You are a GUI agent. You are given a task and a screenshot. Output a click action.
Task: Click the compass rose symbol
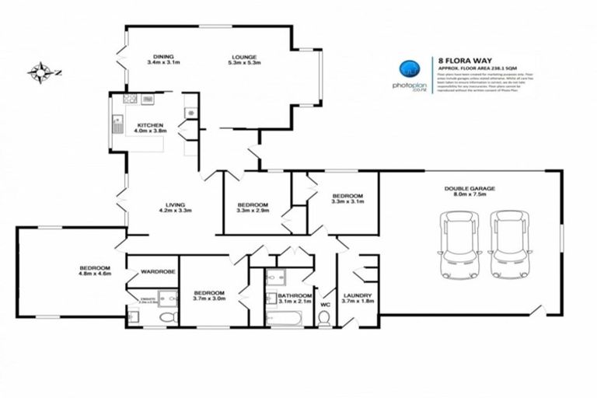(x=39, y=73)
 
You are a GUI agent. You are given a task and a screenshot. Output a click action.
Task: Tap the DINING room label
(x=163, y=56)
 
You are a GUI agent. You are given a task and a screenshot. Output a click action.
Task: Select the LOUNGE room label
(x=243, y=56)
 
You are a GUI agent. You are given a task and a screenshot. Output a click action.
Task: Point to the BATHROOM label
(x=295, y=295)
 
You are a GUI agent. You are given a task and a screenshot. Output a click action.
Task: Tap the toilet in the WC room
(x=325, y=317)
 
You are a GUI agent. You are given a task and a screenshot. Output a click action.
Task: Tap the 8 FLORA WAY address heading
(x=458, y=58)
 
